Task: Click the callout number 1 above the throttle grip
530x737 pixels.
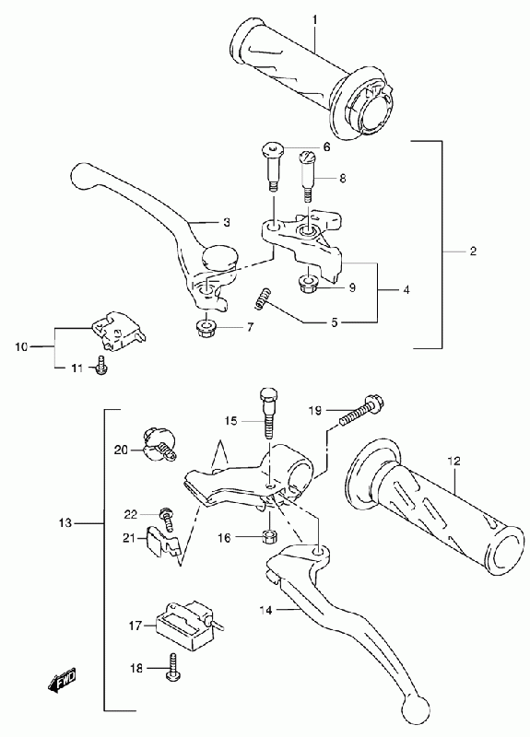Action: pos(315,19)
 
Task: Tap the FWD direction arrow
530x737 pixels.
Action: pos(63,680)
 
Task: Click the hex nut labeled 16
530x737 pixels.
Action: pos(269,536)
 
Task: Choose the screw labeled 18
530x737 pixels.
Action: pos(173,667)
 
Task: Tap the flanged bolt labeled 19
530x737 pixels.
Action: pos(361,410)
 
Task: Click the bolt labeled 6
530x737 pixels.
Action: pos(273,166)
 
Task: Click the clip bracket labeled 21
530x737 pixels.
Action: pos(162,542)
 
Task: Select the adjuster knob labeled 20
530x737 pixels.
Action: pos(159,444)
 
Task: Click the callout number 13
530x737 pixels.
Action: pos(66,522)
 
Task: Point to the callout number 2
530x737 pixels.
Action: pos(473,251)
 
